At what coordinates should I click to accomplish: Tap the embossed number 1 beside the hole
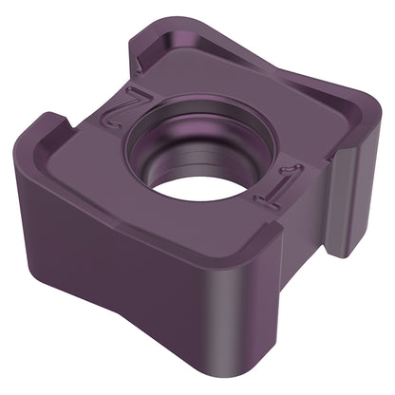coord(279,186)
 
